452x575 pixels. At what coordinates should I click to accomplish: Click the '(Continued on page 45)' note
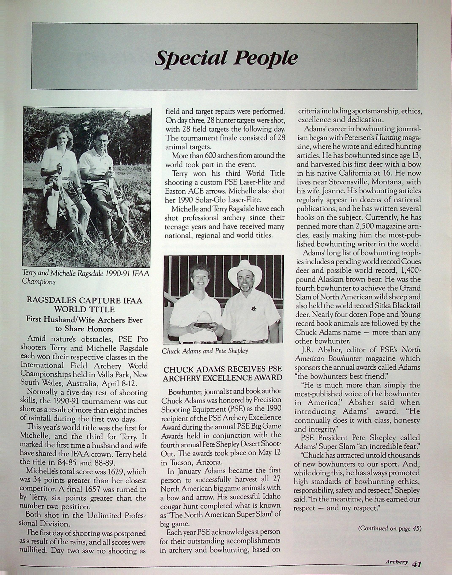389,529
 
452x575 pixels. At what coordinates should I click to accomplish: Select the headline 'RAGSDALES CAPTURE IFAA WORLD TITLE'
84,305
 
